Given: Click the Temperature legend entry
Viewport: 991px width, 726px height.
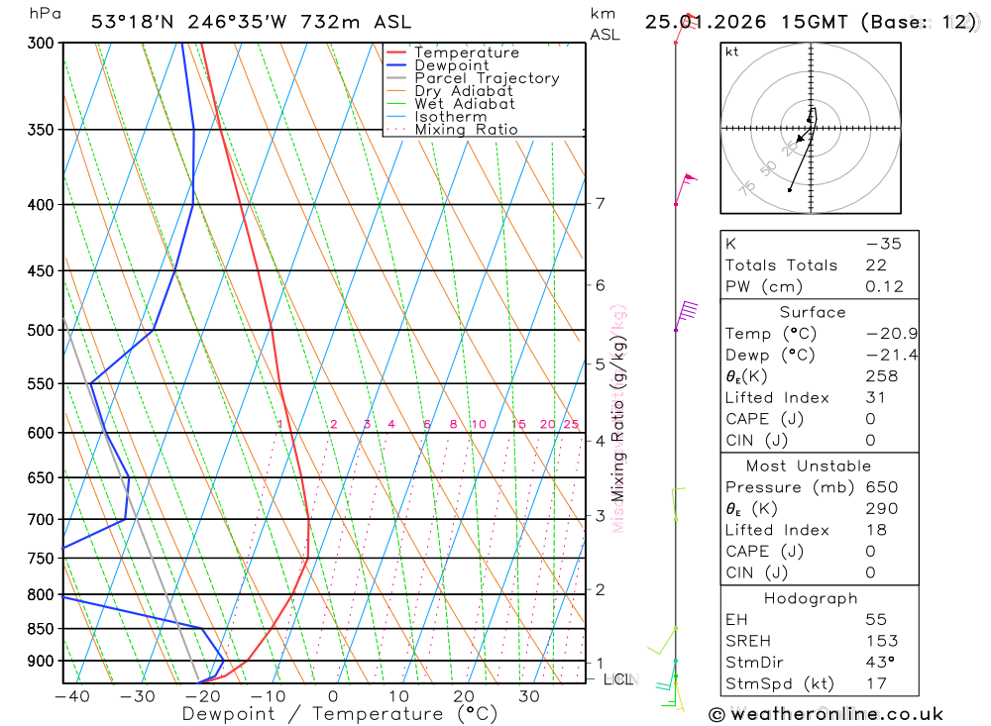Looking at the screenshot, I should pyautogui.click(x=466, y=52).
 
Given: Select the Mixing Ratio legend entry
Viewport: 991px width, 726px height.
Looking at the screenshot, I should pyautogui.click(x=466, y=130).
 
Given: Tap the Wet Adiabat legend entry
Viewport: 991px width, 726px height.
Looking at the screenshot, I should pyautogui.click(x=464, y=104).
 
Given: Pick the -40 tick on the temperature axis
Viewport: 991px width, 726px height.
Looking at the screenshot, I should pyautogui.click(x=71, y=697).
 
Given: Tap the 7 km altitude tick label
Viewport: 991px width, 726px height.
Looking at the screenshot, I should pyautogui.click(x=600, y=204).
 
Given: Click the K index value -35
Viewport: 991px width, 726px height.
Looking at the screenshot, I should pyautogui.click(x=883, y=244).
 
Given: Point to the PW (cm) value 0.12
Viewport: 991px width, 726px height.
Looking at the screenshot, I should pyautogui.click(x=884, y=287).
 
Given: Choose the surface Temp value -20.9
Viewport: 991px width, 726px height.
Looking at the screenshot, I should pyautogui.click(x=890, y=334).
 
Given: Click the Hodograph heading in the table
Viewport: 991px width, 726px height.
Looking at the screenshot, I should pyautogui.click(x=812, y=598).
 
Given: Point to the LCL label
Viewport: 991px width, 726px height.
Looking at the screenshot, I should pyautogui.click(x=621, y=679).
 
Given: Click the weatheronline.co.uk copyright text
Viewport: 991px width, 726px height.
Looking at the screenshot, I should pyautogui.click(x=826, y=714).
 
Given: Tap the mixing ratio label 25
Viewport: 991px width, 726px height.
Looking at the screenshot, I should pyautogui.click(x=571, y=425).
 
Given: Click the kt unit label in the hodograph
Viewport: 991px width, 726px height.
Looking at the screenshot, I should pyautogui.click(x=732, y=52).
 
